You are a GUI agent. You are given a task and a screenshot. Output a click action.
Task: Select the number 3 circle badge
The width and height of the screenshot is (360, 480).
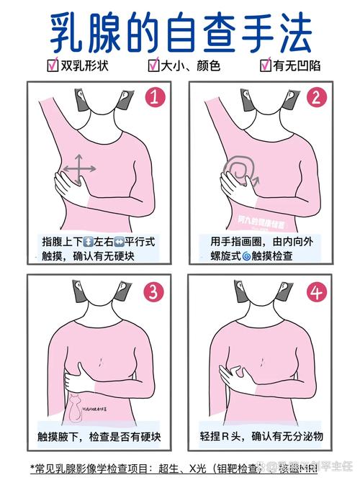(x=153, y=291)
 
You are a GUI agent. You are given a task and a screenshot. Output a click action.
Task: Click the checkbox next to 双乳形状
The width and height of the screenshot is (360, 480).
(x=53, y=66)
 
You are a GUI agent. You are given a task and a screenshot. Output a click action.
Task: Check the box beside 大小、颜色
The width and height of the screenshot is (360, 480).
(x=153, y=66)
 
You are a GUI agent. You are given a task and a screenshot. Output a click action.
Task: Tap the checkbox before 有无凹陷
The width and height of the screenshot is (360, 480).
(x=266, y=66)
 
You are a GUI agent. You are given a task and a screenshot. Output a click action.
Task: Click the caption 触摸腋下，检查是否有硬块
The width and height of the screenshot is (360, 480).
(x=99, y=436)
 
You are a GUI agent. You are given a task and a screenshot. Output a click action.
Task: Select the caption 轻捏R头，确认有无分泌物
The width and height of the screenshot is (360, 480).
(x=261, y=436)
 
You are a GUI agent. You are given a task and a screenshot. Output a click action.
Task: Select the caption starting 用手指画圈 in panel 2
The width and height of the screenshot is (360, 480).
(x=261, y=247)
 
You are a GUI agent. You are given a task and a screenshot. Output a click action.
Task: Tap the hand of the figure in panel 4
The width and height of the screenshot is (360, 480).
(x=235, y=373)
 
